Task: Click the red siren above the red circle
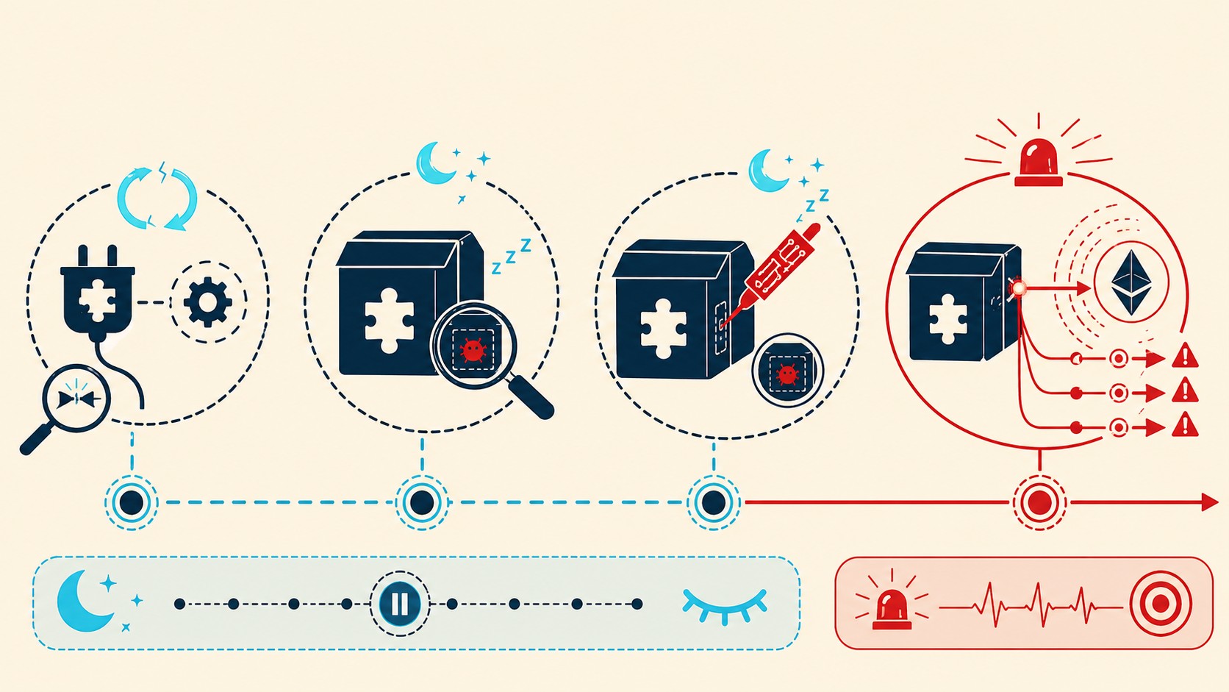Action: [x=1039, y=163]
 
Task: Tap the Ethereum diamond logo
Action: [x=1131, y=282]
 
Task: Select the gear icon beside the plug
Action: [x=207, y=302]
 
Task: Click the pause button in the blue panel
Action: [x=399, y=604]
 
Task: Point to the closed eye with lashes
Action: [x=724, y=607]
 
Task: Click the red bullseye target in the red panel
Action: [x=1160, y=604]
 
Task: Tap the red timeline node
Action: [x=1039, y=502]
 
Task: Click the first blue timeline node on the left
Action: [x=132, y=502]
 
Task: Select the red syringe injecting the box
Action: [x=771, y=274]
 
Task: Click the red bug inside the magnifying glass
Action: [x=473, y=350]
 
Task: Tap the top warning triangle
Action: [x=1185, y=356]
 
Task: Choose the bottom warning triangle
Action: [x=1185, y=425]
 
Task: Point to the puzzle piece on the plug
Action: [x=98, y=301]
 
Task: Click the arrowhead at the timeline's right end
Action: [x=1210, y=502]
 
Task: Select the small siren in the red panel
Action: [x=892, y=608]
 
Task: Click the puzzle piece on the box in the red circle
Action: [x=947, y=319]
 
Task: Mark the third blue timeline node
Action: [x=713, y=502]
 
